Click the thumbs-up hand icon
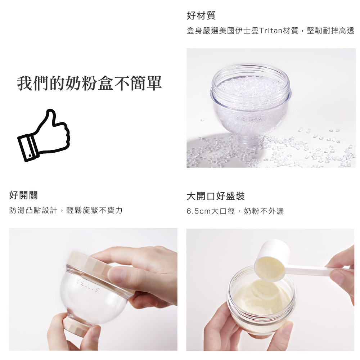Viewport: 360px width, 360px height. pyautogui.click(x=44, y=135)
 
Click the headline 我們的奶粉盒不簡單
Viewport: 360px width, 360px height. pyautogui.click(x=89, y=83)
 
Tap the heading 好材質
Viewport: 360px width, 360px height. pyautogui.click(x=201, y=15)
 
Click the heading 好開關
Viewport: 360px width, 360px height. pyautogui.click(x=23, y=195)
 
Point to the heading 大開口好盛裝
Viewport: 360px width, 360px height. pyautogui.click(x=216, y=196)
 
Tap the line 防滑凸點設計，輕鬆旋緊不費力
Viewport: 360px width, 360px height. pyautogui.click(x=66, y=210)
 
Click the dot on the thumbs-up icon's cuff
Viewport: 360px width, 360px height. pyautogui.click(x=30, y=156)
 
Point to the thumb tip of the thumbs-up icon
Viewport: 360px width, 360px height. pyautogui.click(x=51, y=112)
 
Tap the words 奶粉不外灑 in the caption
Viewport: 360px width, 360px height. pyautogui.click(x=264, y=211)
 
